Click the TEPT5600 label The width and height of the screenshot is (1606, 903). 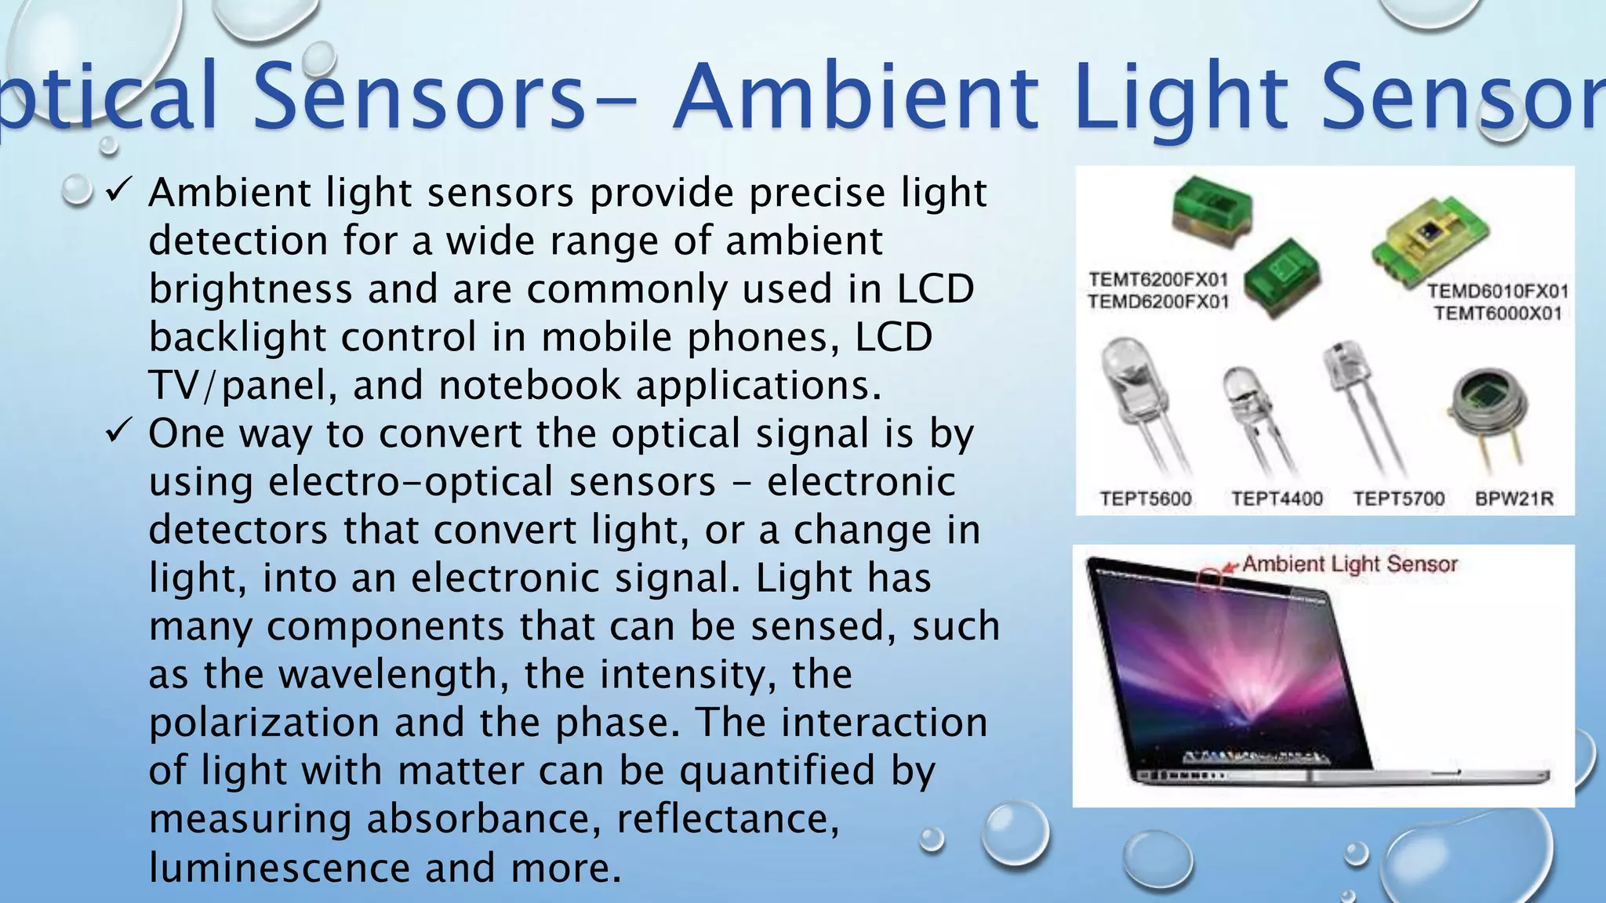[x=1145, y=499]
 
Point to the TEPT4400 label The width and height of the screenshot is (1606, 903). [x=1277, y=499]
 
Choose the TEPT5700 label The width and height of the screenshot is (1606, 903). [x=1398, y=499]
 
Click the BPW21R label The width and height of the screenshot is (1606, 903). [x=1513, y=499]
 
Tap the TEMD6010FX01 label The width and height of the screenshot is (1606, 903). [x=1497, y=292]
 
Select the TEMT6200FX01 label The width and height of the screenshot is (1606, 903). [x=1157, y=280]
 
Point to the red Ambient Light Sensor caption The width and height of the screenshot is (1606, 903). [x=1349, y=564]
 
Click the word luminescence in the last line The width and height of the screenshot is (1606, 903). [x=278, y=869]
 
